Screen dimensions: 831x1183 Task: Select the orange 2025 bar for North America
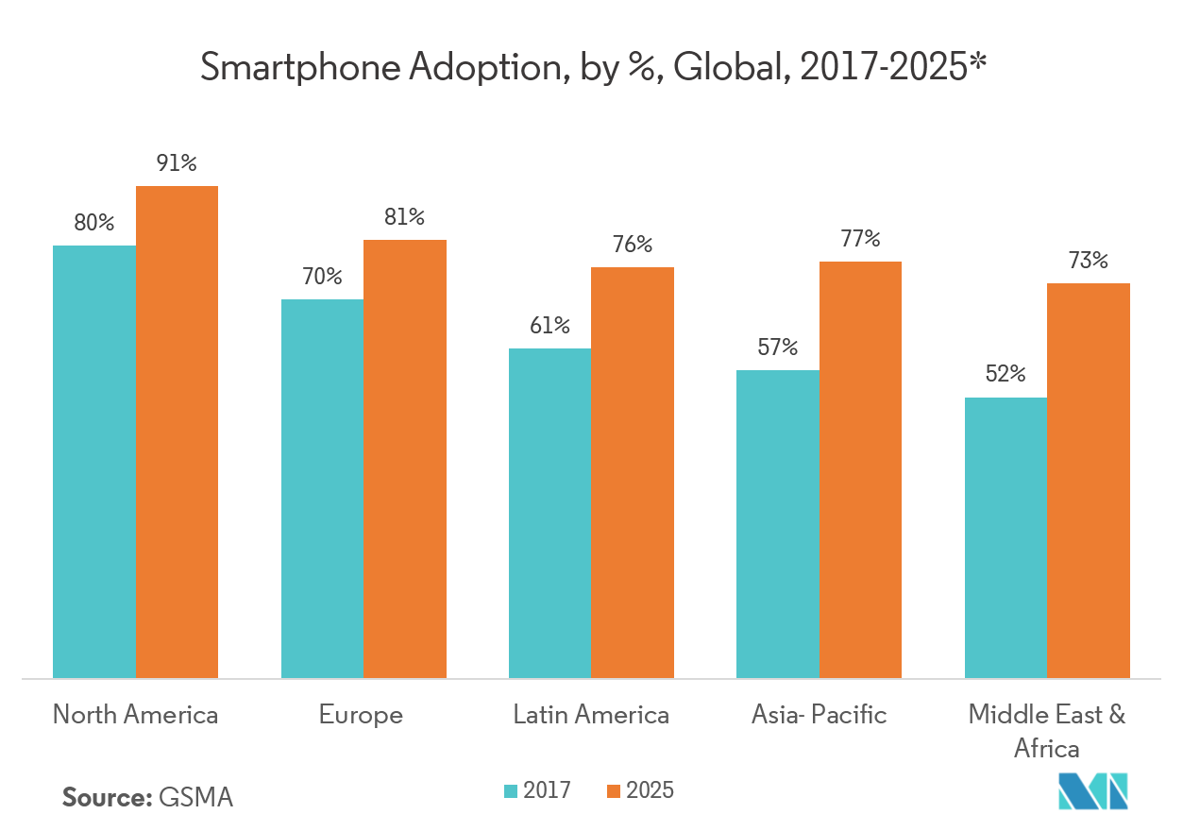click(177, 432)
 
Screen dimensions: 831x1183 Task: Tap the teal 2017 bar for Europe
click(322, 488)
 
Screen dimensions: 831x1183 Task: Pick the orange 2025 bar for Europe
click(405, 458)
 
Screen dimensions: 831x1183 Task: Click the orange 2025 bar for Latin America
click(633, 472)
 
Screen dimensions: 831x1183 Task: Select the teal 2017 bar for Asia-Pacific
click(778, 523)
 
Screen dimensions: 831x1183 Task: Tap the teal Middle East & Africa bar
click(1006, 537)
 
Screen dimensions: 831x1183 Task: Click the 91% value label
click(177, 163)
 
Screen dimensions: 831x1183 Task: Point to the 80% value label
click(93, 224)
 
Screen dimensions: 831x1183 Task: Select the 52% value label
click(1005, 374)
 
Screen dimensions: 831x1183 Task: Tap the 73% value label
click(1088, 261)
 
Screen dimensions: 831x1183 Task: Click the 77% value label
click(860, 239)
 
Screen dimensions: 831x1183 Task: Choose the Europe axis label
click(361, 715)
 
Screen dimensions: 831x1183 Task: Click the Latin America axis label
click(591, 715)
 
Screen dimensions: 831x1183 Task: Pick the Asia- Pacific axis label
click(820, 715)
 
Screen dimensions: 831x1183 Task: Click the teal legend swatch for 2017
click(511, 791)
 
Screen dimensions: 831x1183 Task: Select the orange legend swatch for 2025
click(613, 791)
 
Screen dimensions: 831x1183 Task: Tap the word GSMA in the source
click(196, 797)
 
